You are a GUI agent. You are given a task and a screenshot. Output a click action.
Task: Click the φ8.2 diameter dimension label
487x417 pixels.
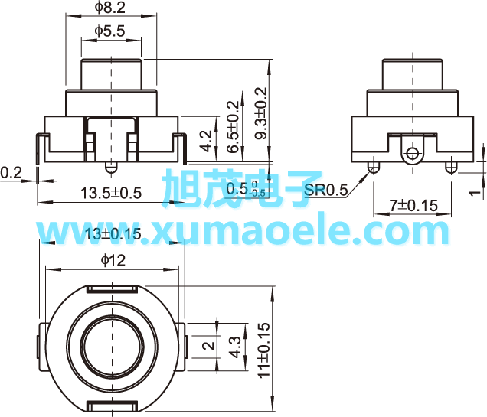pos(110,8)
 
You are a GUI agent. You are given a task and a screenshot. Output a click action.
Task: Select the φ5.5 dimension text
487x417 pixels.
pos(110,31)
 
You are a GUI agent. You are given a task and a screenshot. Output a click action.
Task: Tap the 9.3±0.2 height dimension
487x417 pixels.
pos(261,113)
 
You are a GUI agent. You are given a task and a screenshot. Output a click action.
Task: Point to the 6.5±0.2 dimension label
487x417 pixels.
pos(234,126)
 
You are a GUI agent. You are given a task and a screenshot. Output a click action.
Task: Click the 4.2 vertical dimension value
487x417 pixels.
pos(206,142)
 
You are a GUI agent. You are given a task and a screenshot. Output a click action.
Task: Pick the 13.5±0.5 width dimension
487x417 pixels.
pos(111,193)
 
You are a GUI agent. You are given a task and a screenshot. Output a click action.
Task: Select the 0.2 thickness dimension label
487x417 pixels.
pos(11,172)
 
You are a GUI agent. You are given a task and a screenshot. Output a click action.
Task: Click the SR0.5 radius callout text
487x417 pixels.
pos(325,190)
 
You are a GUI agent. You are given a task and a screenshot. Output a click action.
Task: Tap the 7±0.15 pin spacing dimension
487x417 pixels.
pos(413,205)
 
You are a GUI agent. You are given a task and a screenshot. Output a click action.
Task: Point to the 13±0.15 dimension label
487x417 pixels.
pos(113,234)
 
